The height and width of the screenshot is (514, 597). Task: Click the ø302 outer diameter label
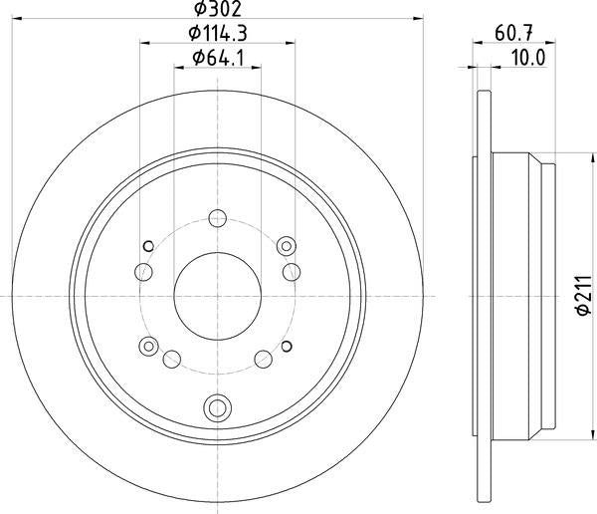pyautogui.click(x=217, y=10)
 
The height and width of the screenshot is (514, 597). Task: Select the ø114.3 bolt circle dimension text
pyautogui.click(x=217, y=34)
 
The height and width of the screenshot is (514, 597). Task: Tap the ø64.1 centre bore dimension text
pyautogui.click(x=218, y=58)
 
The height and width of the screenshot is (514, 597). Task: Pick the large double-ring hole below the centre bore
pyautogui.click(x=218, y=405)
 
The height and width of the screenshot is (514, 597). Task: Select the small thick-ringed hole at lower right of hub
pyautogui.click(x=287, y=346)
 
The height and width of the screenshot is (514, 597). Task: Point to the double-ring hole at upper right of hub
pyautogui.click(x=288, y=244)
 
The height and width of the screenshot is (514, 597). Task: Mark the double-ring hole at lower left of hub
pyautogui.click(x=149, y=347)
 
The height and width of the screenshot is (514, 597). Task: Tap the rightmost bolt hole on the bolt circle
pyautogui.click(x=293, y=271)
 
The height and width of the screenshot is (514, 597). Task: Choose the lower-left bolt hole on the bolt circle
pyautogui.click(x=171, y=360)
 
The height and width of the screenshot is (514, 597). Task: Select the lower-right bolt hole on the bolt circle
pyautogui.click(x=264, y=360)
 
